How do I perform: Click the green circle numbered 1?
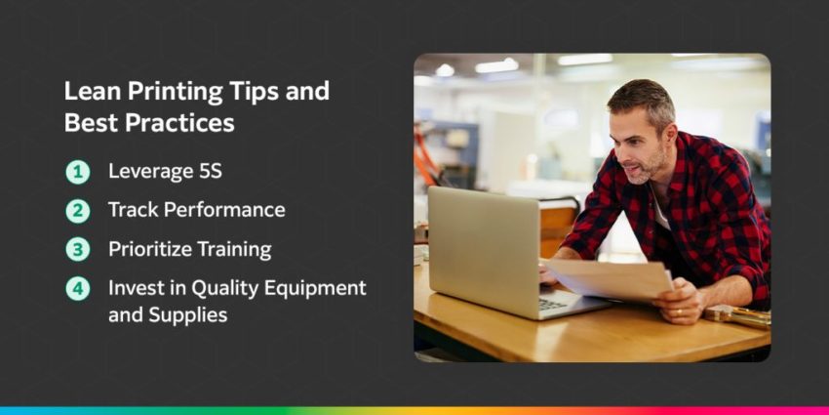[77, 173]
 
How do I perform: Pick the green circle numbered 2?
[77, 210]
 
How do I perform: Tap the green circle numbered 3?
[77, 249]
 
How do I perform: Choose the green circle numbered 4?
[77, 288]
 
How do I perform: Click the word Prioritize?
[148, 249]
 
